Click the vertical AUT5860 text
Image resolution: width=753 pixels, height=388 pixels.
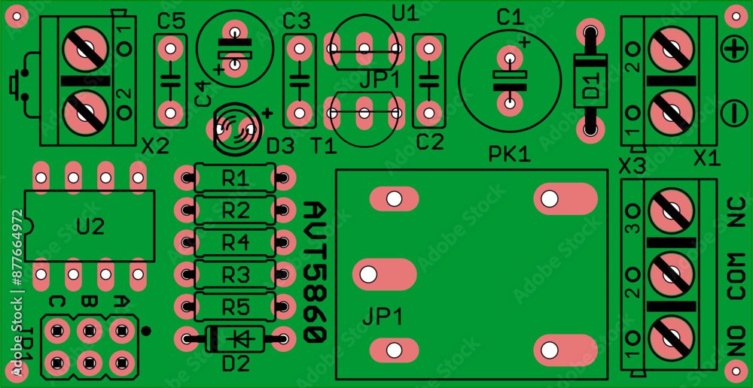[315, 272]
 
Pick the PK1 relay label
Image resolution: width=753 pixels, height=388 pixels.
[510, 155]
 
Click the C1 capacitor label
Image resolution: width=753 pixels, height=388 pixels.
[509, 16]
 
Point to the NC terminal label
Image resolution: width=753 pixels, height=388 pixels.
[736, 213]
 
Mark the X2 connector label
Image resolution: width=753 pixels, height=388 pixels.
[155, 147]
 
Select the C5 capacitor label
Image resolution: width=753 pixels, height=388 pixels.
[171, 22]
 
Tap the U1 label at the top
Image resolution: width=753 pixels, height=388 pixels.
[404, 12]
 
